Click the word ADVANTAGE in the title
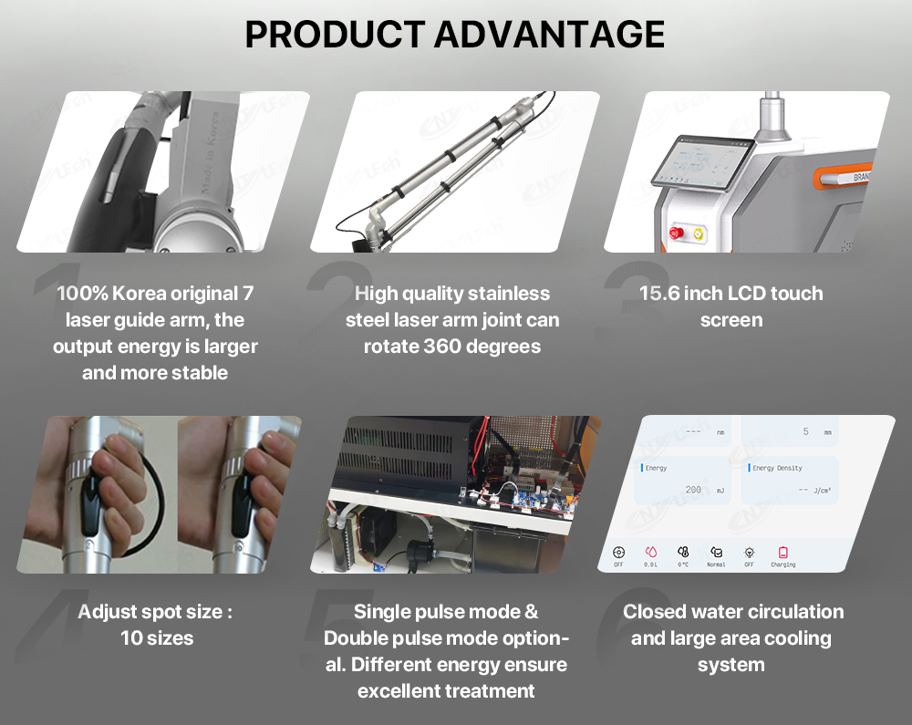[548, 34]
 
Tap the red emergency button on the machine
[677, 233]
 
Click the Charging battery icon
[782, 553]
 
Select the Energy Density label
[777, 468]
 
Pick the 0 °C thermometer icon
[683, 553]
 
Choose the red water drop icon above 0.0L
[650, 552]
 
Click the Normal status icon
[716, 553]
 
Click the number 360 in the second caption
[449, 347]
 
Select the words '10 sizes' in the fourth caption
[157, 637]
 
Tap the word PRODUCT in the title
[336, 34]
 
